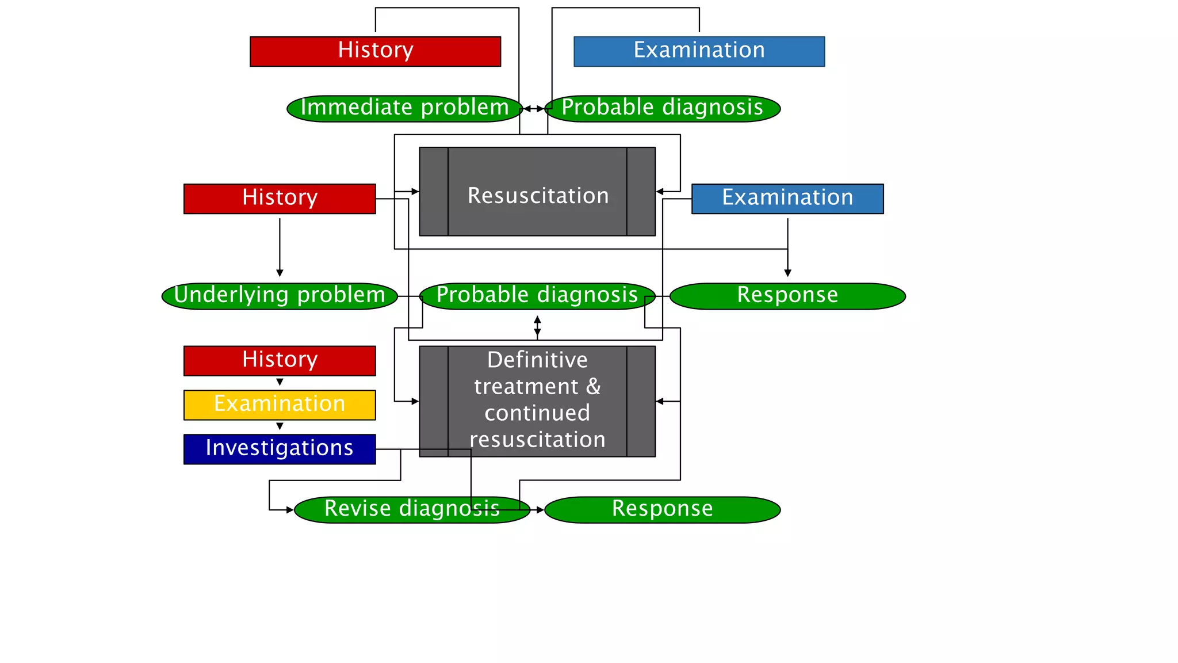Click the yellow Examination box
[x=280, y=405]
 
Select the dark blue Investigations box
[x=280, y=449]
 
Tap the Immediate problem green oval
[x=404, y=108]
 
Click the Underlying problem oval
[x=280, y=296]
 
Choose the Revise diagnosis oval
[x=411, y=509]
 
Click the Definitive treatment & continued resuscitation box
[x=537, y=401]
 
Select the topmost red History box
[x=375, y=51]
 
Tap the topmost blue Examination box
[x=699, y=51]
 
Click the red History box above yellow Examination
[x=280, y=360]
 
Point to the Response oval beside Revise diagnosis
[x=662, y=509]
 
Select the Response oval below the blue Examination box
[x=787, y=296]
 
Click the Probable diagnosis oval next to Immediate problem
[x=662, y=108]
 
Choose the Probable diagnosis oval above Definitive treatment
[x=537, y=296]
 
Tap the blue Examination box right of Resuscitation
[x=787, y=199]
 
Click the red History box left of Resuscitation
[x=280, y=199]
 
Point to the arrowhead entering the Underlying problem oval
[x=280, y=273]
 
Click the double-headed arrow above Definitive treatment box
[x=537, y=326]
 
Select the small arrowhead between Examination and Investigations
[x=280, y=426]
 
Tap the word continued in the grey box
[x=537, y=413]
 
